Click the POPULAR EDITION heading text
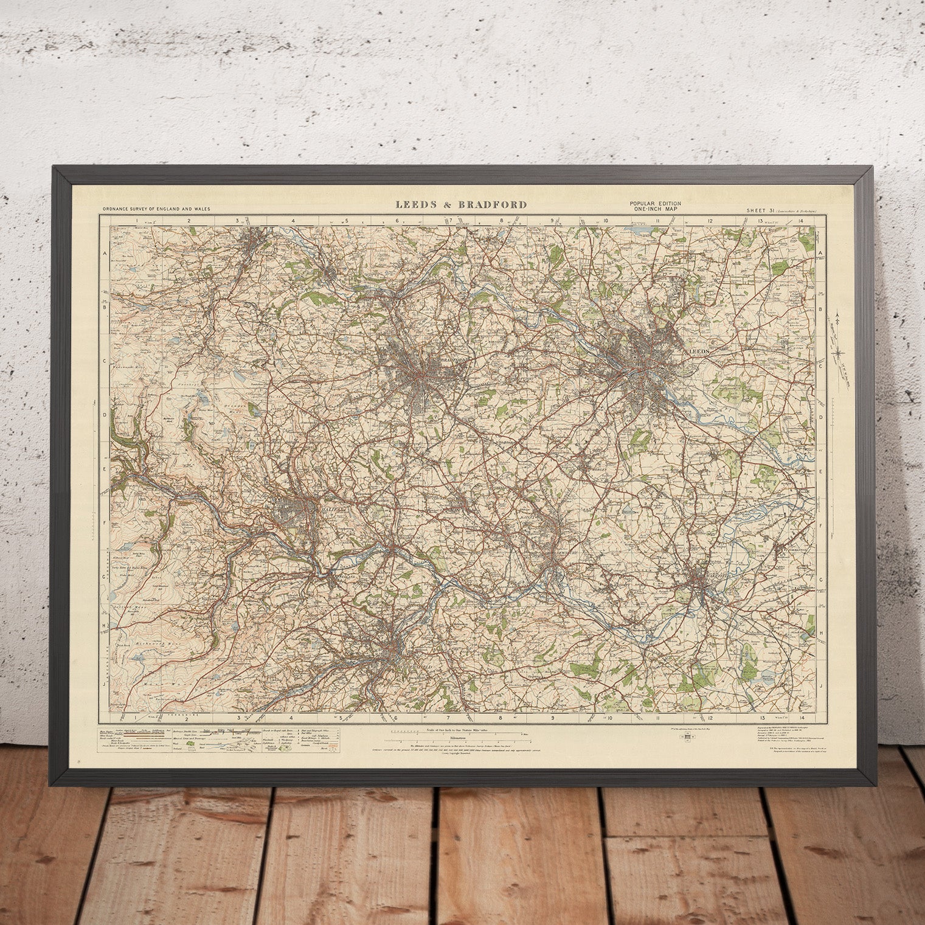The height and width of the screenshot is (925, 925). click(x=655, y=203)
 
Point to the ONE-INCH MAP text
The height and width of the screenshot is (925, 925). click(x=655, y=209)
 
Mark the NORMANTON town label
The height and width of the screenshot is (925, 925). click(x=793, y=549)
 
